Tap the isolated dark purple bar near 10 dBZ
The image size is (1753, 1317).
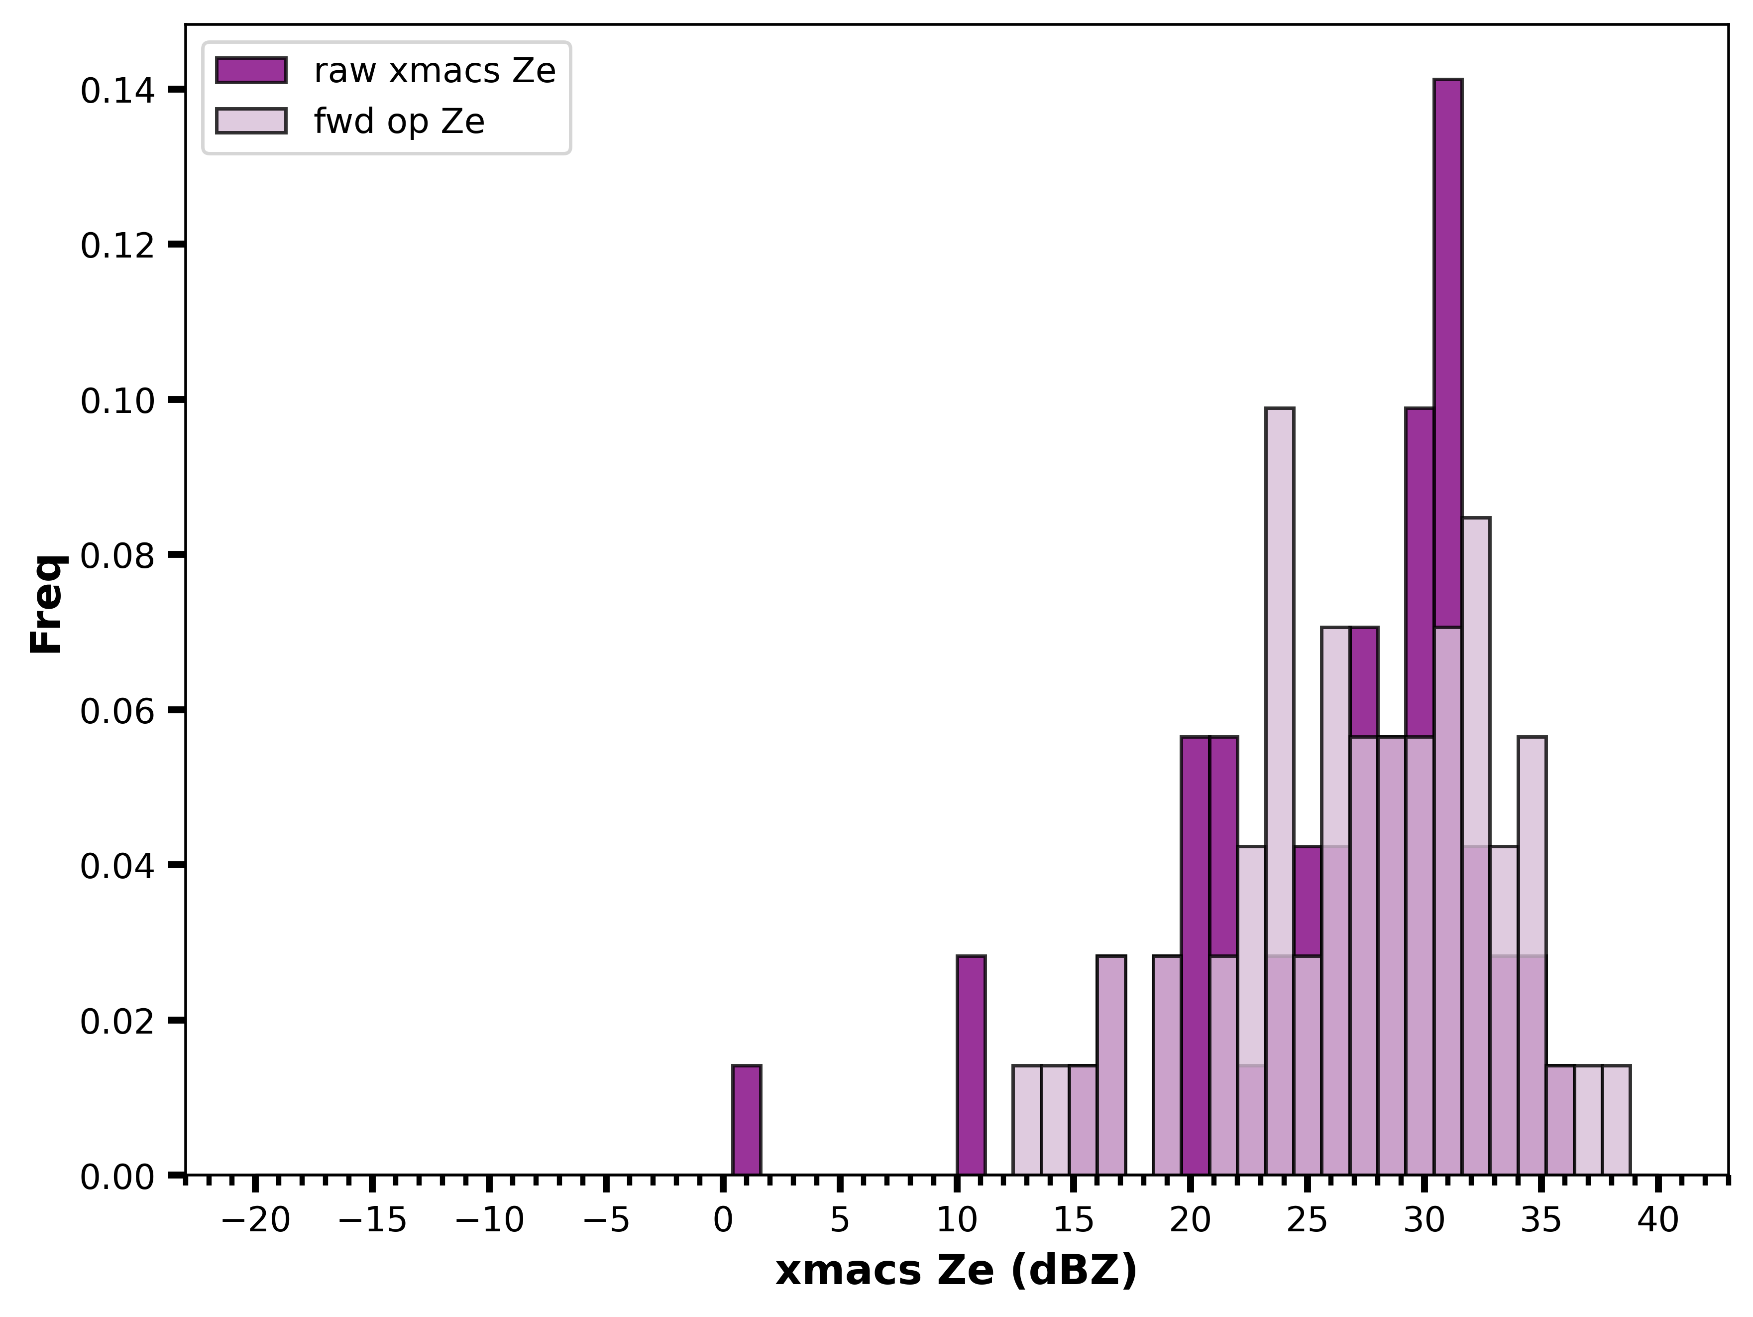[971, 1065]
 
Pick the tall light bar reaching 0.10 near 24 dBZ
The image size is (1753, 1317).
[1280, 791]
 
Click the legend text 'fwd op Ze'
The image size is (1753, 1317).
[399, 122]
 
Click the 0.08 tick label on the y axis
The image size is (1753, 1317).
[116, 556]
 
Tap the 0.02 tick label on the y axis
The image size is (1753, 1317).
[116, 1021]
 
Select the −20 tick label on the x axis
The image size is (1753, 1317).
[255, 1221]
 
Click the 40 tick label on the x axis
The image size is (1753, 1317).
[1658, 1221]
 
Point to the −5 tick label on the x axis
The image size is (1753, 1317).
[606, 1221]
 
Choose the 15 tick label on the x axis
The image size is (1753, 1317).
[1074, 1221]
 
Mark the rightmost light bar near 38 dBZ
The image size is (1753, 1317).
[1616, 1120]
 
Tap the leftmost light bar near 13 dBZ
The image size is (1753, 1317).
[1027, 1120]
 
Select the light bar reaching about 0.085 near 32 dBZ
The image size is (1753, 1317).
[1476, 846]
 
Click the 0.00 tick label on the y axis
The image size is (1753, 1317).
[116, 1177]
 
